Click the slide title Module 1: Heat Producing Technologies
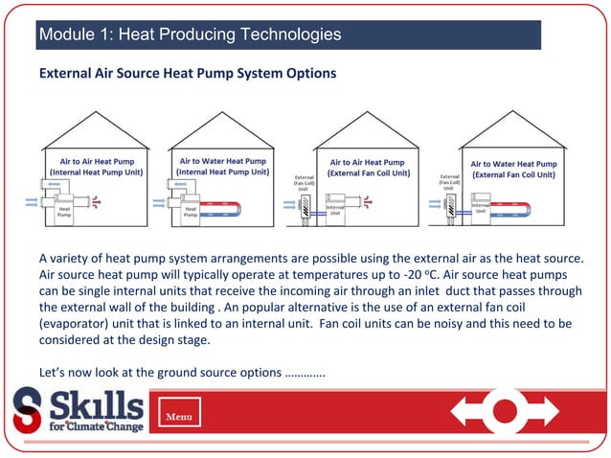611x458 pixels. coord(190,35)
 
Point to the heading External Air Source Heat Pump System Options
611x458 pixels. coord(187,73)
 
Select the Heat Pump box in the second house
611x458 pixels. coord(191,213)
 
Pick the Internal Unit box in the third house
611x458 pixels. coord(335,210)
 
